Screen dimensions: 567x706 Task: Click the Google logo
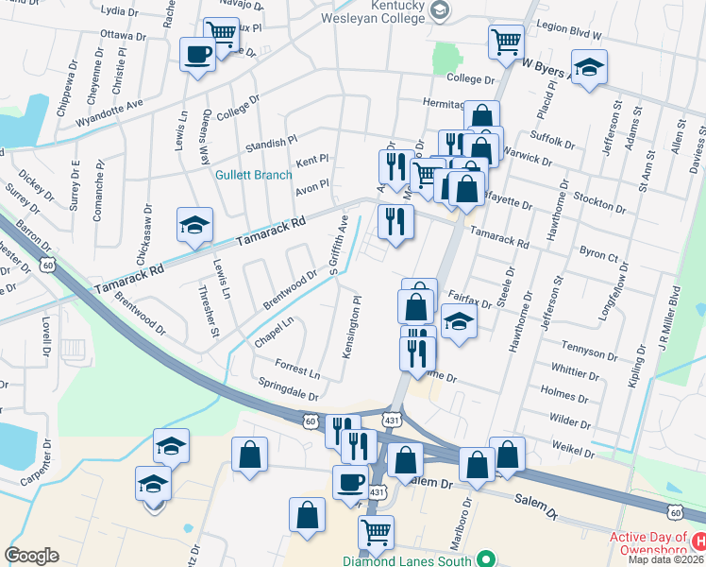pyautogui.click(x=31, y=556)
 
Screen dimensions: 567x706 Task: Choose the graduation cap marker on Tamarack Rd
pyautogui.click(x=193, y=226)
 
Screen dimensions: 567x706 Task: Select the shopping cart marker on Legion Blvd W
pyautogui.click(x=506, y=41)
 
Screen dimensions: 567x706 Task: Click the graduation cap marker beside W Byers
pyautogui.click(x=589, y=67)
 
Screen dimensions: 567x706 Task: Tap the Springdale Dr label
pyautogui.click(x=288, y=387)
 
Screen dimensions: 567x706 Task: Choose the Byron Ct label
pyautogui.click(x=598, y=256)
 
